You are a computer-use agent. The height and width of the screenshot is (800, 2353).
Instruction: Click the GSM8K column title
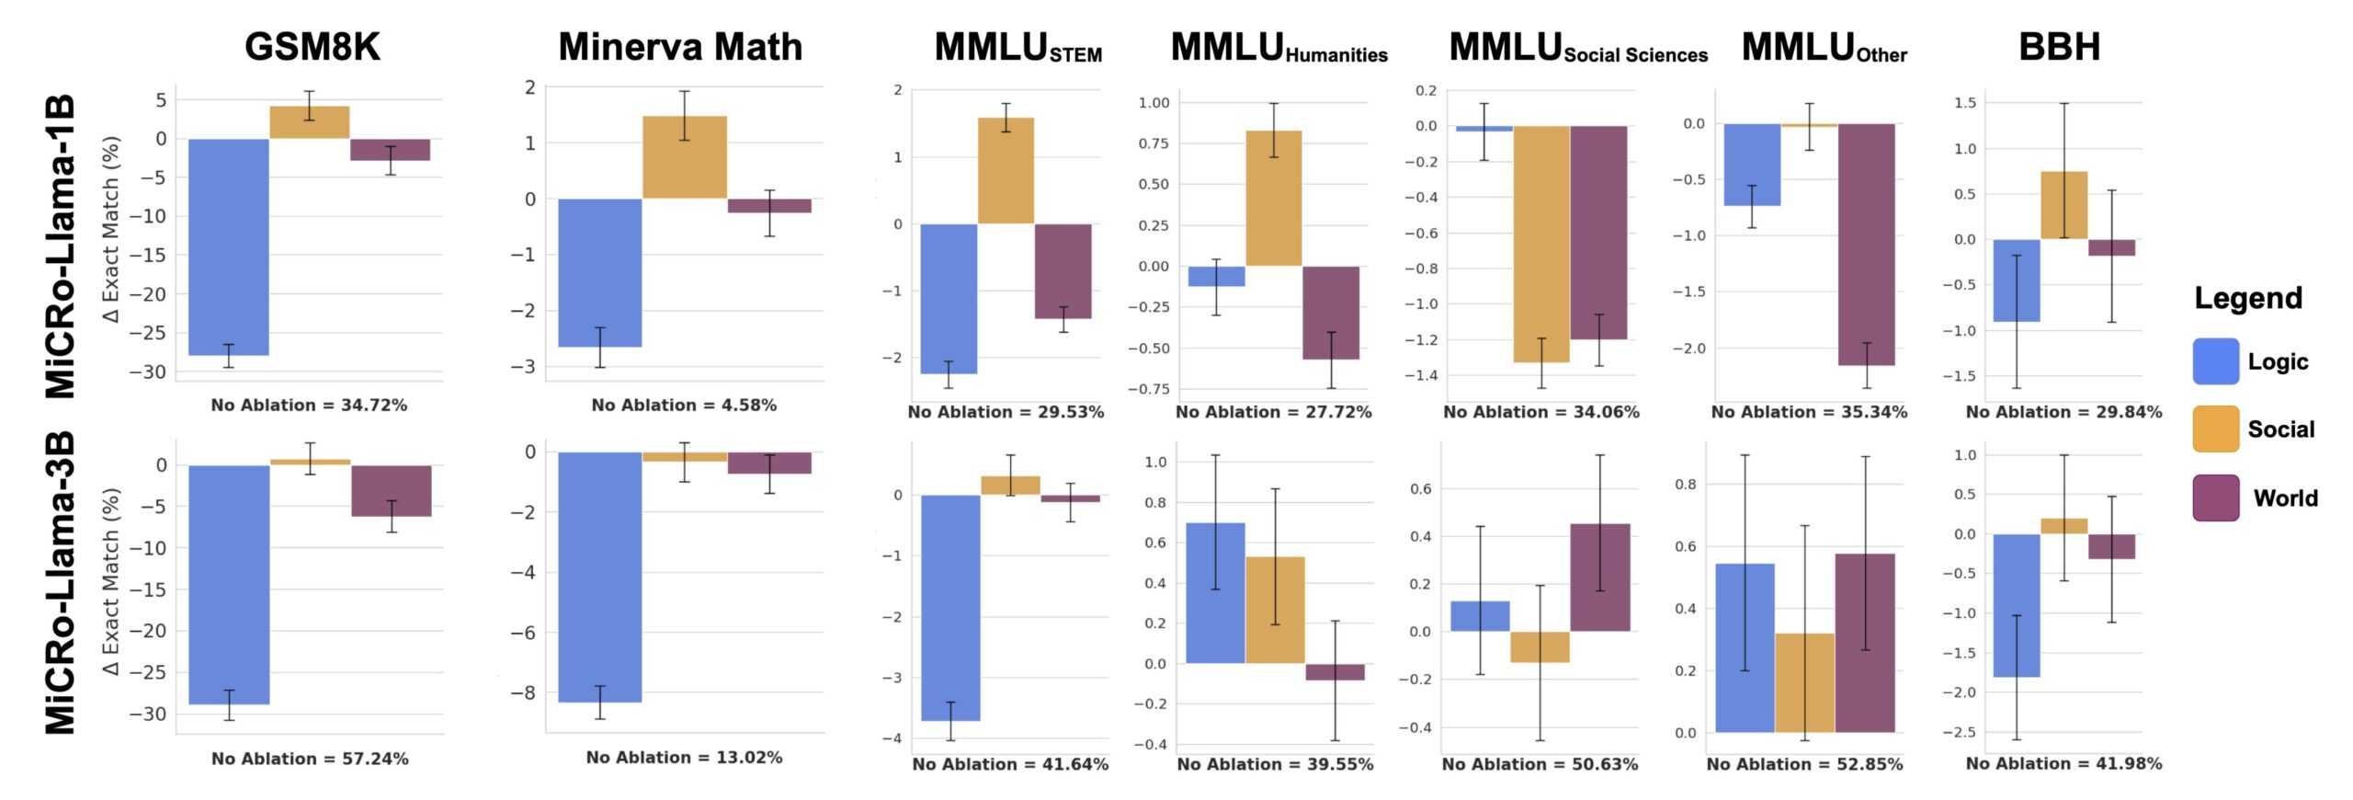coord(313,47)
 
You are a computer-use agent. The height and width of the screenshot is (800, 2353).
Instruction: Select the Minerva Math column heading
coord(680,47)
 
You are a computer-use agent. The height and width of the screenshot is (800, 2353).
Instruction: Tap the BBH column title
coord(2059,47)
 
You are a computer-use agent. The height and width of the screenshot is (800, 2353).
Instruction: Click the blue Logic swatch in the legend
coord(2215,361)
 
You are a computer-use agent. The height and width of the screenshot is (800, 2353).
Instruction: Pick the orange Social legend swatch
coord(2215,429)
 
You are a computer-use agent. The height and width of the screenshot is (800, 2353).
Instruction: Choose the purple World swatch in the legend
coord(2215,497)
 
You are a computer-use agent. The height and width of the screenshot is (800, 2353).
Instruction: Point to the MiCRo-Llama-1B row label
coord(60,246)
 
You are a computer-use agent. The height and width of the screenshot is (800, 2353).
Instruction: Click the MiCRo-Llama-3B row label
coord(60,583)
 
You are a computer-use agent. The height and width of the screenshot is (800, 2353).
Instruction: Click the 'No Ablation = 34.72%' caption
coord(309,405)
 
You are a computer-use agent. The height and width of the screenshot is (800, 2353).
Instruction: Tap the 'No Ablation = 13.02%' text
coord(685,758)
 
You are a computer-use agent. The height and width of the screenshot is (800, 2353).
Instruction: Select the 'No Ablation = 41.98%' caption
coord(2063,763)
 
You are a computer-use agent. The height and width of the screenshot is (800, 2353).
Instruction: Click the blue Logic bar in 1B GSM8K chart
coord(229,247)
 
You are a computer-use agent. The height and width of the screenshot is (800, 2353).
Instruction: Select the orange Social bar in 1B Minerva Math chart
coord(685,157)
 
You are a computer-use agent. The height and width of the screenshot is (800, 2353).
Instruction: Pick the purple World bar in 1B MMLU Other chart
coord(1867,245)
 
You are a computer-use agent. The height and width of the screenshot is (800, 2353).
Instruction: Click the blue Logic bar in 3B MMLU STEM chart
coord(950,608)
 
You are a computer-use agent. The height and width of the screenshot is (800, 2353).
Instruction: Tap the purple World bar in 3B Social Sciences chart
coord(1600,577)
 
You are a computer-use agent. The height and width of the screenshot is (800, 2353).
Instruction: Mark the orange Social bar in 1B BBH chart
coord(2064,205)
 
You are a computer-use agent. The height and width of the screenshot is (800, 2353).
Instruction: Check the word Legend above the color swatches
coord(2248,298)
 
